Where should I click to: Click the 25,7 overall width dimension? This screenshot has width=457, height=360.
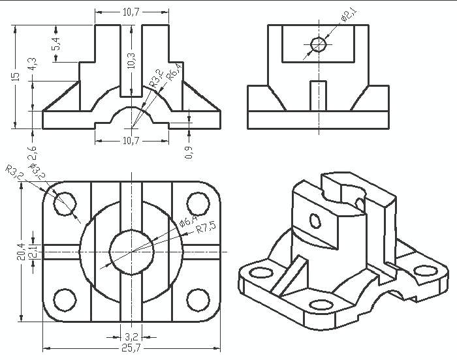pyautogui.click(x=131, y=348)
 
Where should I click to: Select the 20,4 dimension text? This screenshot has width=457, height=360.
pyautogui.click(x=21, y=252)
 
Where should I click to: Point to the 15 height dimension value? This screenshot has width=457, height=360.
pyautogui.click(x=16, y=76)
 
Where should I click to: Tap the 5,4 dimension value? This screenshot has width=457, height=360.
pyautogui.click(x=56, y=44)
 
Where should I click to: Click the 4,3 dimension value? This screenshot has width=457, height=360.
pyautogui.click(x=33, y=64)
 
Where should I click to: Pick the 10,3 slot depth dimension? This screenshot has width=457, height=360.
pyautogui.click(x=131, y=60)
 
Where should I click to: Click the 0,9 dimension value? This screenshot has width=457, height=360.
pyautogui.click(x=189, y=152)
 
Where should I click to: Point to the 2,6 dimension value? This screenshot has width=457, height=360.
pyautogui.click(x=33, y=153)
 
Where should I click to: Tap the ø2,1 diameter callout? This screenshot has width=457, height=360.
pyautogui.click(x=349, y=14)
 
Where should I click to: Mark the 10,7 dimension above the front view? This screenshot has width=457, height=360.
pyautogui.click(x=131, y=12)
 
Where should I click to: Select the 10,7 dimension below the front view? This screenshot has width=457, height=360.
pyautogui.click(x=131, y=141)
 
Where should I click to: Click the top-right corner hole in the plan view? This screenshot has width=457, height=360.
pyautogui.click(x=198, y=203)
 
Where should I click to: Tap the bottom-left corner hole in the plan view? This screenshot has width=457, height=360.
pyautogui.click(x=65, y=300)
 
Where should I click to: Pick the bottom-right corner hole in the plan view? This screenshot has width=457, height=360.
pyautogui.click(x=198, y=300)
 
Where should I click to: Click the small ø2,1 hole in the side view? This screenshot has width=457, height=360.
pyautogui.click(x=319, y=44)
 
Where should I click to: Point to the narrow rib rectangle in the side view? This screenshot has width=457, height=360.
pyautogui.click(x=318, y=96)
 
